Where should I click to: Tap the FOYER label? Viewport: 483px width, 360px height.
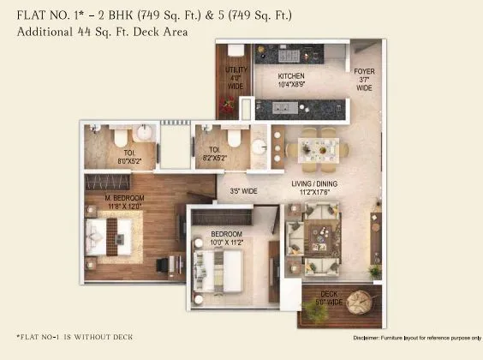pyautogui.click(x=364, y=73)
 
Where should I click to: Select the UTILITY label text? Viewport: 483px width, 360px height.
pyautogui.click(x=236, y=69)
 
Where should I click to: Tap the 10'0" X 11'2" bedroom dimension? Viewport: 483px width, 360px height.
pyautogui.click(x=227, y=243)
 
